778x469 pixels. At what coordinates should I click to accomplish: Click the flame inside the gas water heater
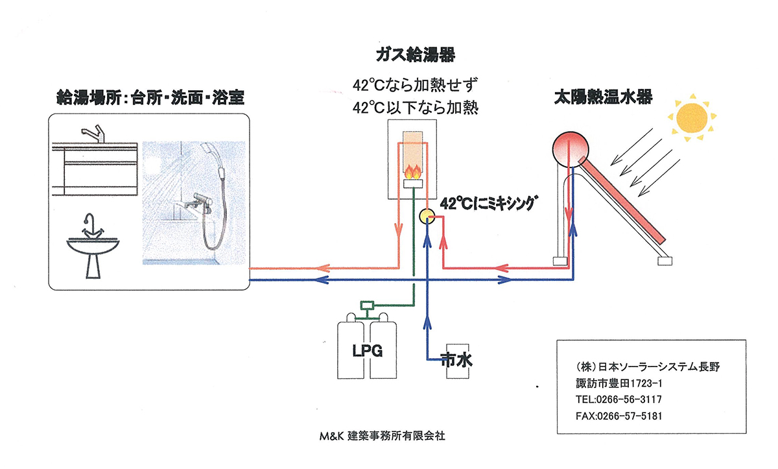[412, 172]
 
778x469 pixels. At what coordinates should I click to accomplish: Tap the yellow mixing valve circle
[427, 216]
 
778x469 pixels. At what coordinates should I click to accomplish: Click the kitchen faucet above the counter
[94, 134]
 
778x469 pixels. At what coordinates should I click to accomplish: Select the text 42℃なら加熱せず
[415, 84]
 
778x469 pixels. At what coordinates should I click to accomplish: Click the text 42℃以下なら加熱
[415, 107]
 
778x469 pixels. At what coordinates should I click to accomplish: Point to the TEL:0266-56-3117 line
[619, 399]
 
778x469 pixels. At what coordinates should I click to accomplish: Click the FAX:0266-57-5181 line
[619, 416]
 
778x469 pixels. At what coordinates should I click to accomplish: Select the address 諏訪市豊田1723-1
[619, 383]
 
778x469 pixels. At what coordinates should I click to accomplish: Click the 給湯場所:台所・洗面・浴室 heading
[150, 99]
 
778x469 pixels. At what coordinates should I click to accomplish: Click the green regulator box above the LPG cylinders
[368, 304]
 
